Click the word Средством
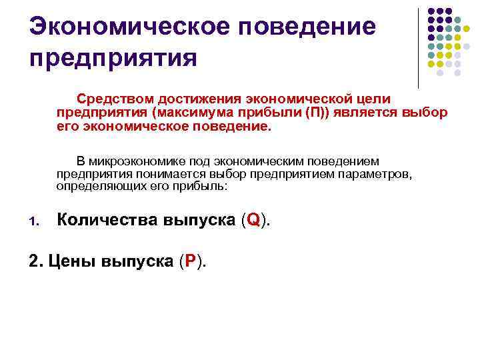(114, 98)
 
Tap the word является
(369, 112)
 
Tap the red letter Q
(253, 221)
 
